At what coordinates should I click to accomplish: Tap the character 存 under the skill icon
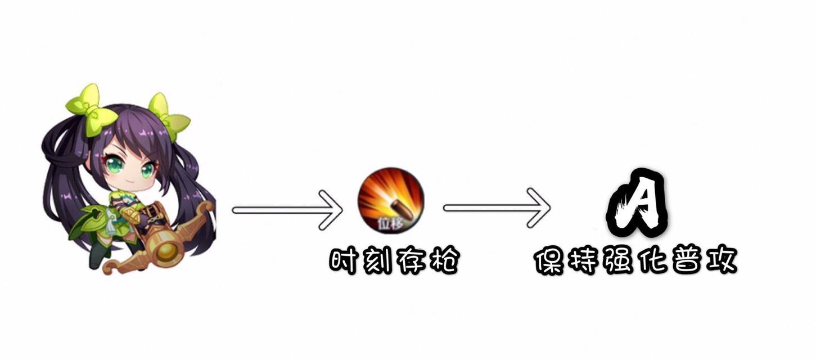pyautogui.click(x=410, y=261)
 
